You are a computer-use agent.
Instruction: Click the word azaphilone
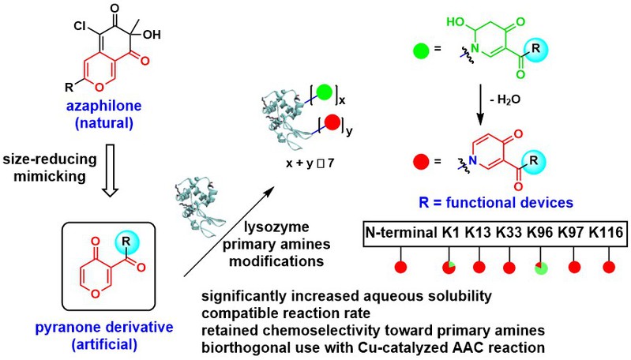click(104, 106)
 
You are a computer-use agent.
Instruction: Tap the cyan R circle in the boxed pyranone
click(126, 242)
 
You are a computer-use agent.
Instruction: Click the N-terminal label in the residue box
click(401, 232)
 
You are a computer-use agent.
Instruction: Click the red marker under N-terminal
click(401, 267)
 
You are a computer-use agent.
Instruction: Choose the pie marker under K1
click(449, 267)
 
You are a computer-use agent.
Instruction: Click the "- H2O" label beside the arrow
click(505, 99)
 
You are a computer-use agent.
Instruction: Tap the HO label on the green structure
click(456, 22)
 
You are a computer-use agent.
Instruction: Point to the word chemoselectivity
click(331, 331)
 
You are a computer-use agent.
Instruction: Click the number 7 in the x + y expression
click(330, 163)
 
